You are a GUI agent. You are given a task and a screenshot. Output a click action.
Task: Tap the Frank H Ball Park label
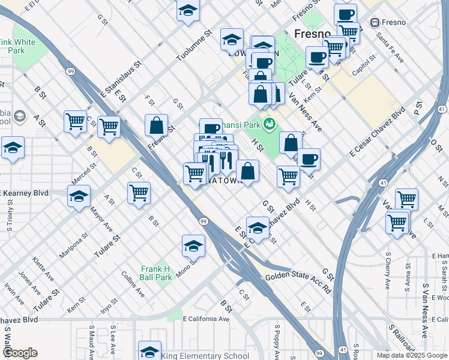[156, 274]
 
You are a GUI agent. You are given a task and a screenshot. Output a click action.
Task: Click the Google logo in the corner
[19, 353]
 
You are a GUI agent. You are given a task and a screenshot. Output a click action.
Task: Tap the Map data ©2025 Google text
[412, 355]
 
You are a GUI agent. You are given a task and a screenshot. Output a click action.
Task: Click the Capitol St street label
[364, 68]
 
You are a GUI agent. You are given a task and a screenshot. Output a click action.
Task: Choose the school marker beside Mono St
[193, 245]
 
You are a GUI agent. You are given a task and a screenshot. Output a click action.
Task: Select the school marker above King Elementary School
[149, 350]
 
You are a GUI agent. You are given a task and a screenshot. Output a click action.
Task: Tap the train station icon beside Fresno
[375, 23]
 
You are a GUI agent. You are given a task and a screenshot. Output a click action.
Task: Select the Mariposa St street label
[73, 245]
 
